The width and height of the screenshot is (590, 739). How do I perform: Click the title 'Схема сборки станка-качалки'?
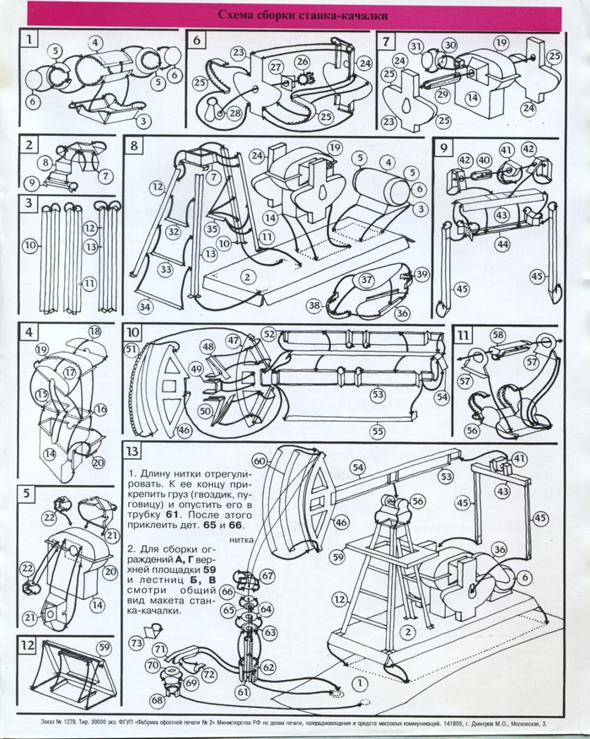click(x=294, y=14)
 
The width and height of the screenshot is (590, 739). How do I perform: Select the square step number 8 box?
click(x=136, y=146)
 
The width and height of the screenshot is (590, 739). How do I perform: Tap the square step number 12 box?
click(x=29, y=645)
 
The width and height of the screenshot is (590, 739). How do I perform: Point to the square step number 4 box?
click(x=29, y=332)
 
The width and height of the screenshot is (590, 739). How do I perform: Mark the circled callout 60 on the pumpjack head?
click(x=260, y=461)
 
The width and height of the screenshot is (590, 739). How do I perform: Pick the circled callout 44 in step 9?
click(x=502, y=244)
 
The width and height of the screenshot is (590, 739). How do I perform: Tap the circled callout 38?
click(x=314, y=305)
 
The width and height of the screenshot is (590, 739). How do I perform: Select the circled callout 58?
click(x=498, y=336)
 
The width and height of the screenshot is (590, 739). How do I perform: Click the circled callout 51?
click(x=131, y=348)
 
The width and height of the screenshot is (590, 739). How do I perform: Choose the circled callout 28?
click(x=234, y=111)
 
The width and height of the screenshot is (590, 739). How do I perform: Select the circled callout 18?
click(x=94, y=331)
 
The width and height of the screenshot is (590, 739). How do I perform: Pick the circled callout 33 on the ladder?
click(x=166, y=269)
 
